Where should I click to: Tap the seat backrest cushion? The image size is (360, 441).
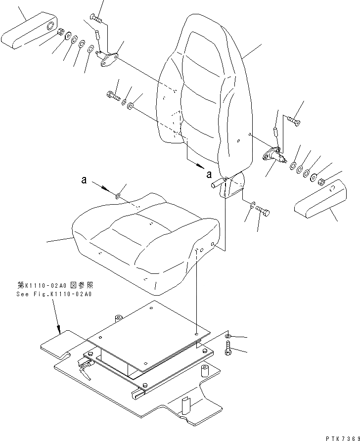[x=203, y=94]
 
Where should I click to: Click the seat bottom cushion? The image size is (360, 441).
[x=143, y=237]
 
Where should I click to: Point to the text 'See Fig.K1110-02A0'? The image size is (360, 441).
[x=54, y=294]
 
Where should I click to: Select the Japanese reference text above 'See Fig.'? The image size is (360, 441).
[x=54, y=286]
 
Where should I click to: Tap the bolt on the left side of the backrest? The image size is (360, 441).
[x=113, y=96]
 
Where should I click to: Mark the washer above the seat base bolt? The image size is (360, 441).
[x=227, y=337]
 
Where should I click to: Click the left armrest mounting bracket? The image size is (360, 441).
[x=107, y=60]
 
